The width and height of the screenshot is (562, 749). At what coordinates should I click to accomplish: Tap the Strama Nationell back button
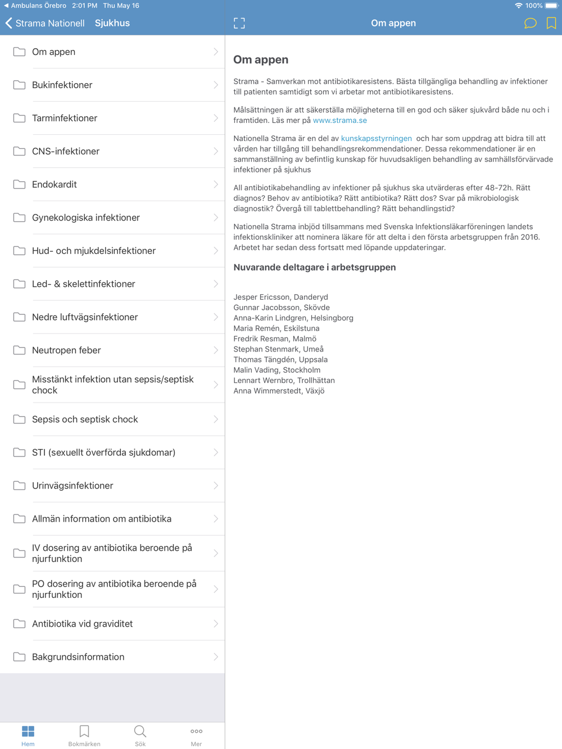click(44, 23)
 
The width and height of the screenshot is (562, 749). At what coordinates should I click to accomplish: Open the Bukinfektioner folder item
click(62, 85)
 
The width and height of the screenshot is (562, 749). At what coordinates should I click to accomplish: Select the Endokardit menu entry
click(55, 184)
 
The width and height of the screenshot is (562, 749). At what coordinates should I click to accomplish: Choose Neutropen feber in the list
click(66, 350)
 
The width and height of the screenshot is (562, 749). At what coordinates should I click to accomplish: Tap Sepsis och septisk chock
click(85, 419)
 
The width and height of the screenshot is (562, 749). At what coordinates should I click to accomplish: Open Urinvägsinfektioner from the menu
click(72, 485)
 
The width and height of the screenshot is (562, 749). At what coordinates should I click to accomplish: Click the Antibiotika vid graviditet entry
click(82, 623)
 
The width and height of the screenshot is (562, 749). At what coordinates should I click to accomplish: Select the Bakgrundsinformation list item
click(78, 656)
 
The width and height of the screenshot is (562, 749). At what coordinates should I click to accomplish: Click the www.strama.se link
click(339, 120)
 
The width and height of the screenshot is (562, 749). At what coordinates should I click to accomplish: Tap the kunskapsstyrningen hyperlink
click(376, 138)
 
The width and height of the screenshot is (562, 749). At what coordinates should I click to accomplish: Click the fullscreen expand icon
click(239, 23)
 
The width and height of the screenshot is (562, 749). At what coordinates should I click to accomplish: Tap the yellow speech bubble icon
click(530, 23)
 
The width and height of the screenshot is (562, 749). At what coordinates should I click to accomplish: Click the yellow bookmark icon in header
click(551, 23)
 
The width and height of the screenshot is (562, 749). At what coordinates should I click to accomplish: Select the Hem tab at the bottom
click(28, 735)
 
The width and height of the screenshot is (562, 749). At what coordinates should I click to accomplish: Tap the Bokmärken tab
click(84, 735)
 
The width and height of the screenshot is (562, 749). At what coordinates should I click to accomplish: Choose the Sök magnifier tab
click(140, 735)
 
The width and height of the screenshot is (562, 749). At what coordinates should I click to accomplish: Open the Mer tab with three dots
click(196, 735)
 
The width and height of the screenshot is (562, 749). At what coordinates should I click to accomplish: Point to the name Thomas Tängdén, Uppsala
click(280, 359)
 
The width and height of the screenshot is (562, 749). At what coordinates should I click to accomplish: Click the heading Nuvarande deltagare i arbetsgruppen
click(314, 267)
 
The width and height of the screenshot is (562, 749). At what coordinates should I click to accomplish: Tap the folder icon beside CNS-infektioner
click(19, 151)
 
